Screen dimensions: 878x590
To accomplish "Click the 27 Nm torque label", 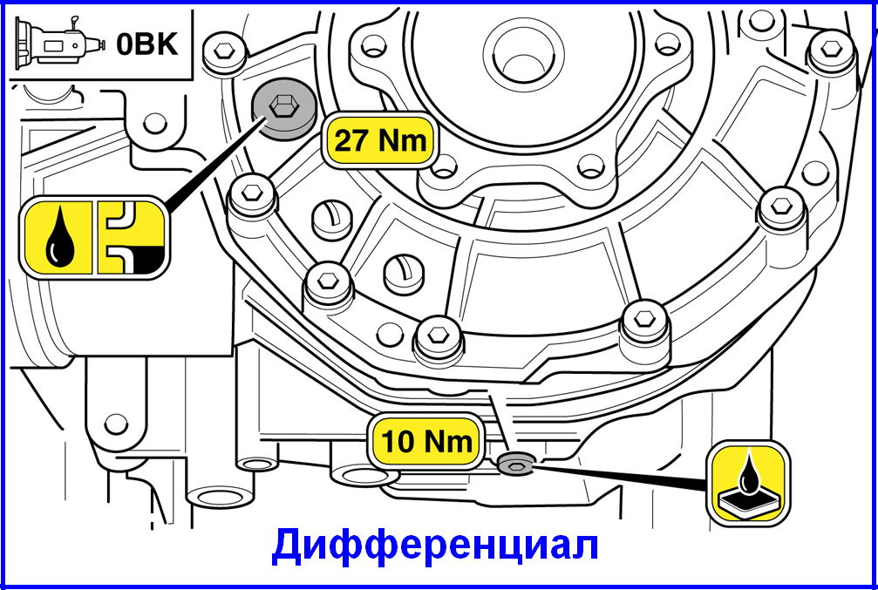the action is (x=379, y=140).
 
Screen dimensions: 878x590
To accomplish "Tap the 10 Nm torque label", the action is (x=426, y=443).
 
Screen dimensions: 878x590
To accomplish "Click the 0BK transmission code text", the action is (x=147, y=44).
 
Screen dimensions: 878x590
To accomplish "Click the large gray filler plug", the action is (x=282, y=109).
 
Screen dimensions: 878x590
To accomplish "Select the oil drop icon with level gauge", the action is (x=94, y=238).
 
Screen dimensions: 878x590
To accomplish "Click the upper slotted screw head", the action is (x=330, y=219).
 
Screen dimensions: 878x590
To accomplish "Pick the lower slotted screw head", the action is (x=403, y=273).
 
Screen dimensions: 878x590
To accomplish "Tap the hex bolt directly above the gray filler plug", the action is (x=225, y=51).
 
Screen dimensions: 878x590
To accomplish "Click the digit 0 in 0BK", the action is (x=126, y=44).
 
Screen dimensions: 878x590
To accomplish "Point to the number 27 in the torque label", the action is (x=350, y=141).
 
